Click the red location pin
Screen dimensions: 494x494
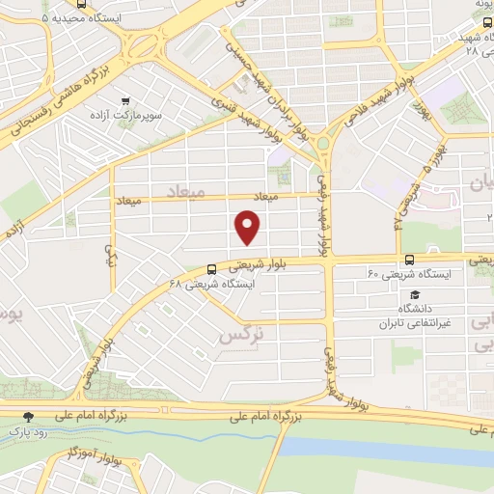point(248,227)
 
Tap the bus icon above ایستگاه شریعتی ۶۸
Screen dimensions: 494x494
point(212,269)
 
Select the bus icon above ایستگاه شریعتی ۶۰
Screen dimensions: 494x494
point(411,260)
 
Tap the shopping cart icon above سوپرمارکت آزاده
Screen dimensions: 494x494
point(125,99)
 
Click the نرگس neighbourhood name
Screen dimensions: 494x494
point(240,337)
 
